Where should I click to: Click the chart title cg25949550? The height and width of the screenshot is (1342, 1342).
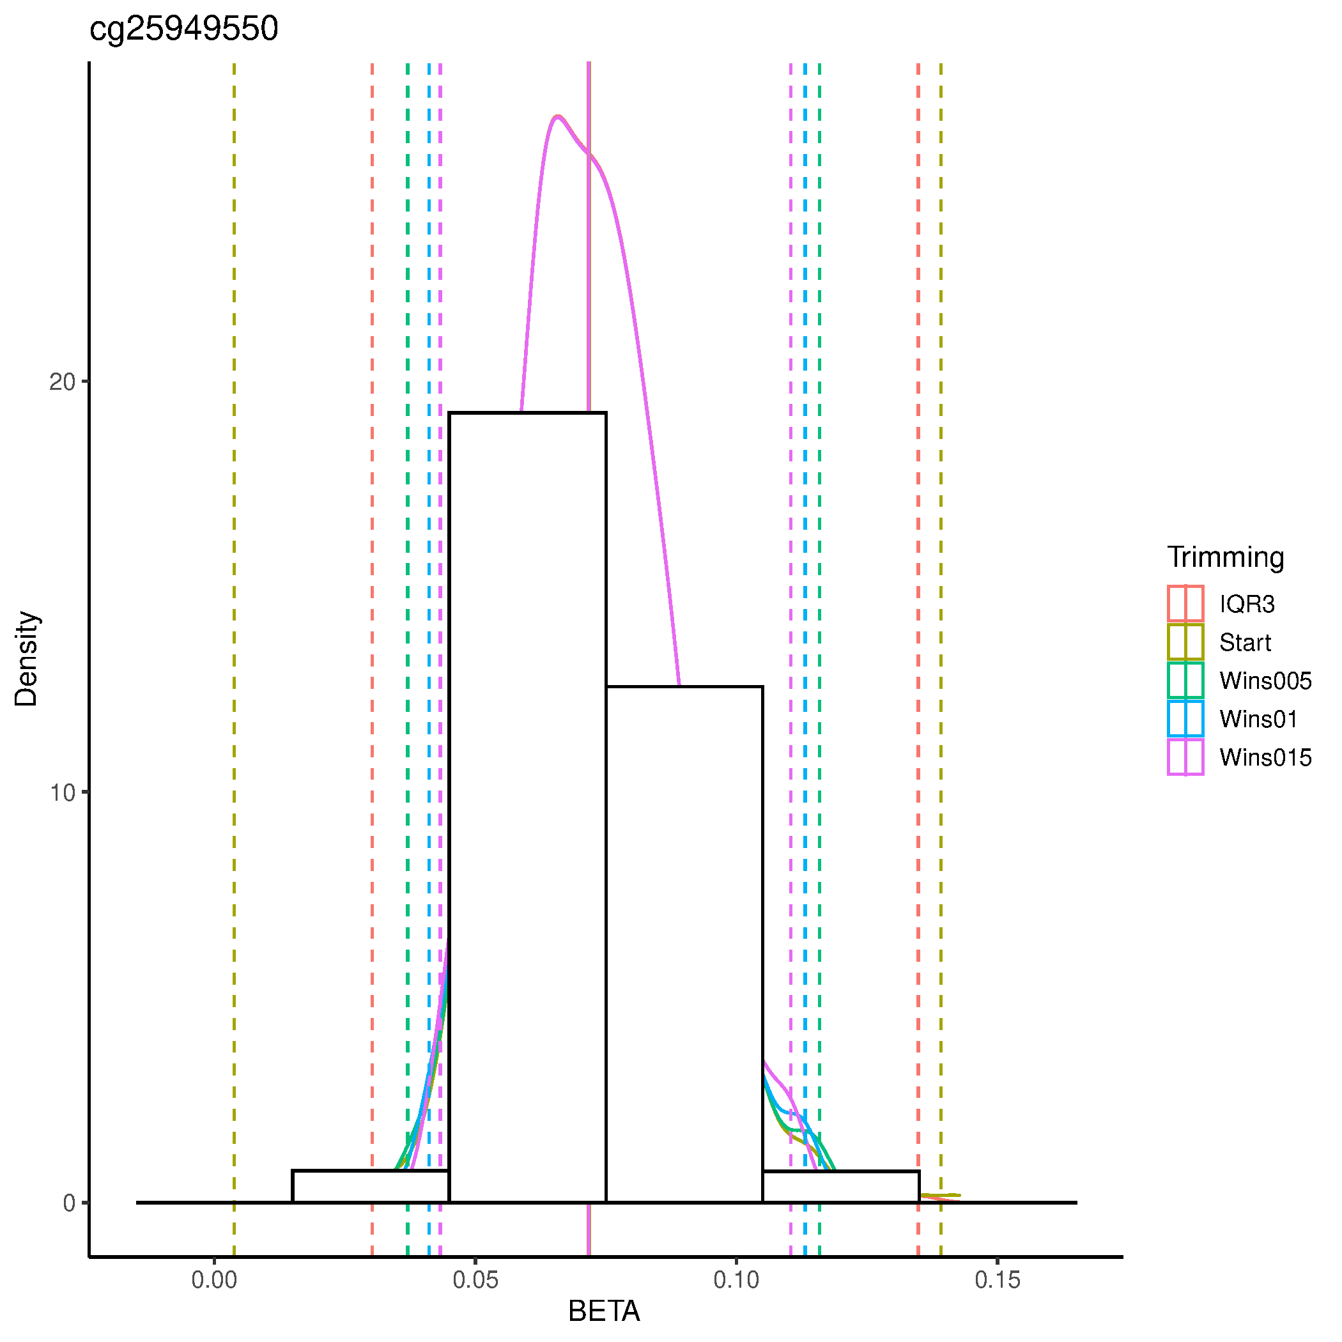(184, 29)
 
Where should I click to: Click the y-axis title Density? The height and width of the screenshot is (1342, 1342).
(26, 658)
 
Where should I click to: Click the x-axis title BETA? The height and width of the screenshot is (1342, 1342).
(604, 1311)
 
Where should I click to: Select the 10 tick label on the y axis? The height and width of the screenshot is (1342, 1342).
(62, 792)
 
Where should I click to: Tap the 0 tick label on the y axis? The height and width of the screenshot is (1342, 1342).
(70, 1203)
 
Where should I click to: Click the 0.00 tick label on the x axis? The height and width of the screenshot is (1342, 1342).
(214, 1279)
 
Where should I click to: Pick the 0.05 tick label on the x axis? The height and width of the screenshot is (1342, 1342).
(475, 1279)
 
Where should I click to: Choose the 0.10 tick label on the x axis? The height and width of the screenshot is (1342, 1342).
(736, 1279)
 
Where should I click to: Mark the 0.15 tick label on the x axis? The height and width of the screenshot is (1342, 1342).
(998, 1279)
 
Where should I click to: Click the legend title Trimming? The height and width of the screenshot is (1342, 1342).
(1225, 557)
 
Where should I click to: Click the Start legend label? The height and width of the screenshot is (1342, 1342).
(1245, 642)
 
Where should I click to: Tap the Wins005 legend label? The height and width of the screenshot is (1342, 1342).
(1265, 680)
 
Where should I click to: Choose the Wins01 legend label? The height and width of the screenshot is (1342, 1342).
(1258, 718)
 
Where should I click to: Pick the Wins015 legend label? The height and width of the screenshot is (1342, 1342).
(1265, 757)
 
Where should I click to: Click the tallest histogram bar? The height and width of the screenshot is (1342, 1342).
(527, 806)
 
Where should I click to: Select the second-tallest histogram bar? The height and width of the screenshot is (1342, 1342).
(684, 945)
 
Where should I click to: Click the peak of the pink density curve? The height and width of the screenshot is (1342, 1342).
(557, 116)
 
